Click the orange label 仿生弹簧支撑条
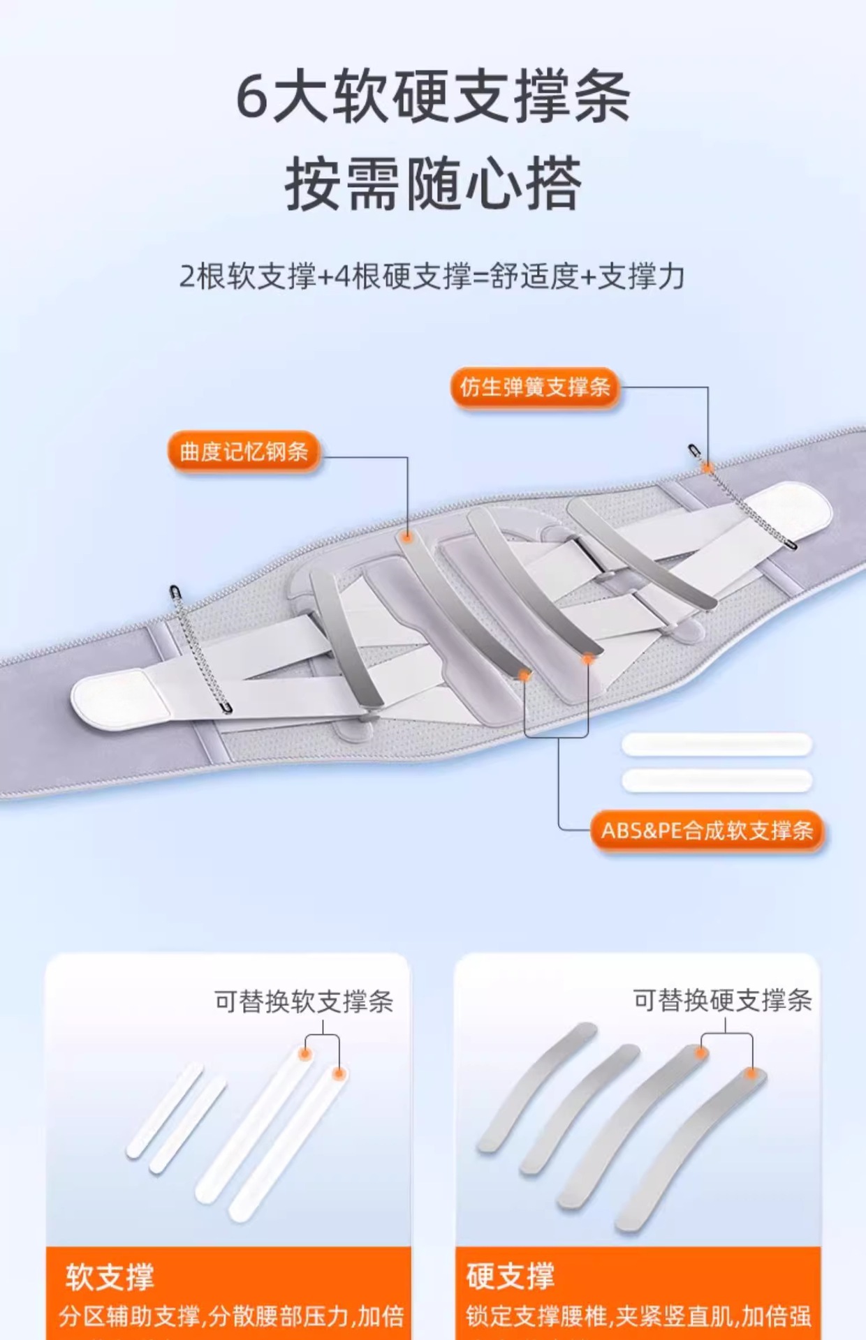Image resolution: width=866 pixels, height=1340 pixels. coord(536,387)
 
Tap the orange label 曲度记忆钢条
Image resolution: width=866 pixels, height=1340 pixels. coord(244,452)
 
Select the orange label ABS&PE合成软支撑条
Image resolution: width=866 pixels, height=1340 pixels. coord(707,831)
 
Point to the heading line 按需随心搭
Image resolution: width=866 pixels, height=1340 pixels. coord(432,183)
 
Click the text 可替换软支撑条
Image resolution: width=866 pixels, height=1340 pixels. coord(304,1002)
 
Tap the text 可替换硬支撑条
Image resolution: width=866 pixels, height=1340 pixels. coord(722,1000)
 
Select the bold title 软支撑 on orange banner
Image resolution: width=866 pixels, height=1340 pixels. coord(110,1277)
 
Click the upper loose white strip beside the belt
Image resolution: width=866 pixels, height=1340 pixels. coord(717,744)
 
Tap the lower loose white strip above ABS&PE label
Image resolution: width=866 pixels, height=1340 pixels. coord(717,780)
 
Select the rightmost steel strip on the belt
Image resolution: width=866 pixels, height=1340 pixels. coord(641,551)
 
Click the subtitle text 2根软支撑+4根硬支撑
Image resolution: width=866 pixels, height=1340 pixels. coord(325,277)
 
